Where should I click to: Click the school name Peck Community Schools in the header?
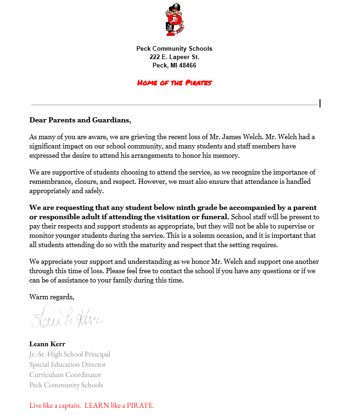pyautogui.click(x=174, y=48)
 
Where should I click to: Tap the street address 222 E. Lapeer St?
pyautogui.click(x=174, y=57)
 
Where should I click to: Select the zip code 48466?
pyautogui.click(x=187, y=66)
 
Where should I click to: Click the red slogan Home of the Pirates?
pyautogui.click(x=174, y=83)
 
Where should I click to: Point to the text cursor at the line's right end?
pyautogui.click(x=320, y=103)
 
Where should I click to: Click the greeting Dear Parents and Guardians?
pyautogui.click(x=80, y=120)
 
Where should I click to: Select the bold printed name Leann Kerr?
pyautogui.click(x=47, y=344)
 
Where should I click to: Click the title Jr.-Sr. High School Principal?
pyautogui.click(x=70, y=354)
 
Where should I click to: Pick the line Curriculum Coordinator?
pyautogui.click(x=65, y=375)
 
